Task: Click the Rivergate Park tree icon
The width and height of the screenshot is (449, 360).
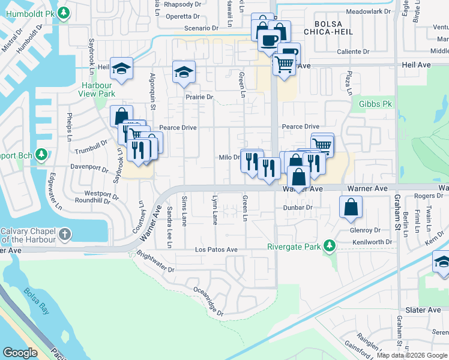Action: (329, 245)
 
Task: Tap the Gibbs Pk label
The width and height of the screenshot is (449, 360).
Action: (375, 104)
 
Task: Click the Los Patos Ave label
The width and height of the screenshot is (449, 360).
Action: (216, 250)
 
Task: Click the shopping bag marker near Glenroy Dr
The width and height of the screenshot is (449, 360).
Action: (351, 207)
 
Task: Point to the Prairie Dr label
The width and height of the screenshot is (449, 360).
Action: (199, 97)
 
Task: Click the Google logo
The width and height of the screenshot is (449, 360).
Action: (20, 353)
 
